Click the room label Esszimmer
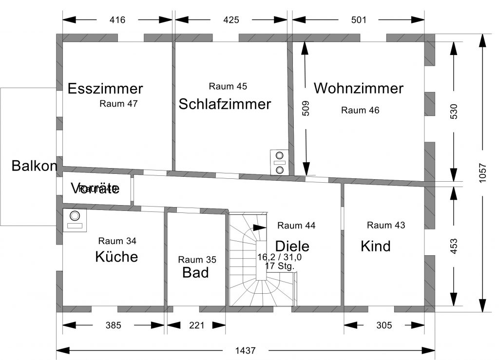coord(105,89)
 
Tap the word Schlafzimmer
coord(225,104)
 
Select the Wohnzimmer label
coord(359,88)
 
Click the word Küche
coord(116,256)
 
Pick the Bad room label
coord(195,272)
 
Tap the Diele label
coord(292,246)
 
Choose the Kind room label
coord(376,246)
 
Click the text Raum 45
coord(228,86)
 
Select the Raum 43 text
coord(386,225)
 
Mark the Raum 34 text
coord(117,241)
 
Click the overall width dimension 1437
coord(245,350)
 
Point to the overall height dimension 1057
coord(482,172)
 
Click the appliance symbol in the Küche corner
coord(75,220)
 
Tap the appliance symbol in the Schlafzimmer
coord(279,161)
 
